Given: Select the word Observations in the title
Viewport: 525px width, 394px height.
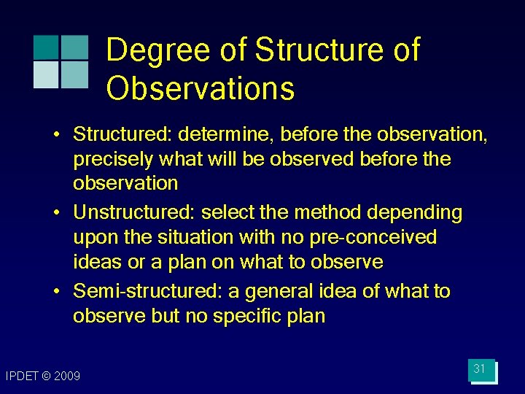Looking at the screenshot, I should coord(201,88).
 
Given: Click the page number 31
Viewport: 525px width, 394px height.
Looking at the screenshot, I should coord(479,369).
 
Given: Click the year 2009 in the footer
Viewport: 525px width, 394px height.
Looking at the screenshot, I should coord(66,376).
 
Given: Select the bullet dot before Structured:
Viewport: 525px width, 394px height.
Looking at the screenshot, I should coord(56,135).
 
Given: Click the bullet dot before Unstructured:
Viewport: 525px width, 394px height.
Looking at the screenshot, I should coord(56,213).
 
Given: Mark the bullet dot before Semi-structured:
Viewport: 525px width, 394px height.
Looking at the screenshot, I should coord(56,292).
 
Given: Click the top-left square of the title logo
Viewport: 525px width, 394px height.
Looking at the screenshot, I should coord(45,47).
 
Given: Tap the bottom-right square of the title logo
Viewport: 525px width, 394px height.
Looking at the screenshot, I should coord(74,74).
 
